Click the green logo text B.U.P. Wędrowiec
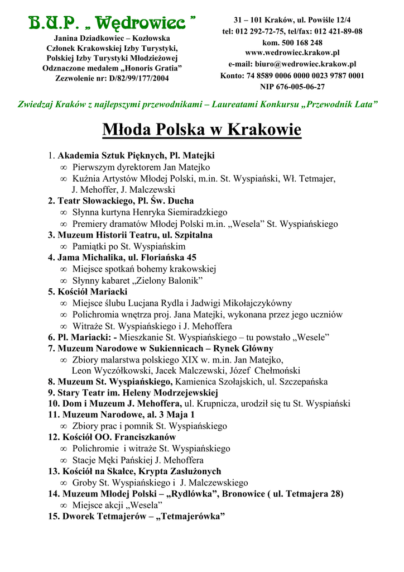[111, 23]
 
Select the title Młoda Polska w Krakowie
[202, 130]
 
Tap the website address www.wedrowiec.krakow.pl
[292, 53]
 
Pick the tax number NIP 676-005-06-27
[292, 87]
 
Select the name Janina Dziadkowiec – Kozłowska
[112, 39]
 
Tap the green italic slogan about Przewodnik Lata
[198, 104]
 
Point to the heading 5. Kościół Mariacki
[88, 292]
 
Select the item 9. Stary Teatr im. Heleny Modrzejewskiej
[133, 393]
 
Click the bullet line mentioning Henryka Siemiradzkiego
[150, 212]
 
